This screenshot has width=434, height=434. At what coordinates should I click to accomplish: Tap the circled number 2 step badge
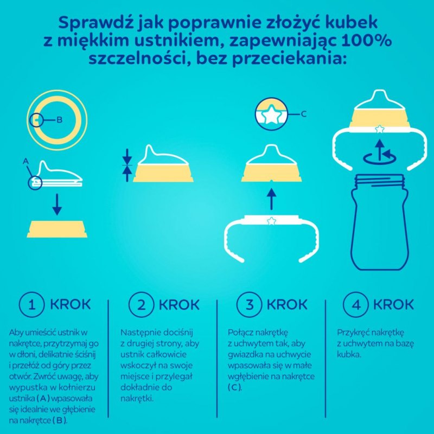(141, 304)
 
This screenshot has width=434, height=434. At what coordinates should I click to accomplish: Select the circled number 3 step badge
(250, 304)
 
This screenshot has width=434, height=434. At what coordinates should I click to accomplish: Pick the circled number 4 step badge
(356, 304)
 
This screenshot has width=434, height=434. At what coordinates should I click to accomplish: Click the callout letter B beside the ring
(59, 119)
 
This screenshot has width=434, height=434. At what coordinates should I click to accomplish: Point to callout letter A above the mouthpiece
(24, 161)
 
